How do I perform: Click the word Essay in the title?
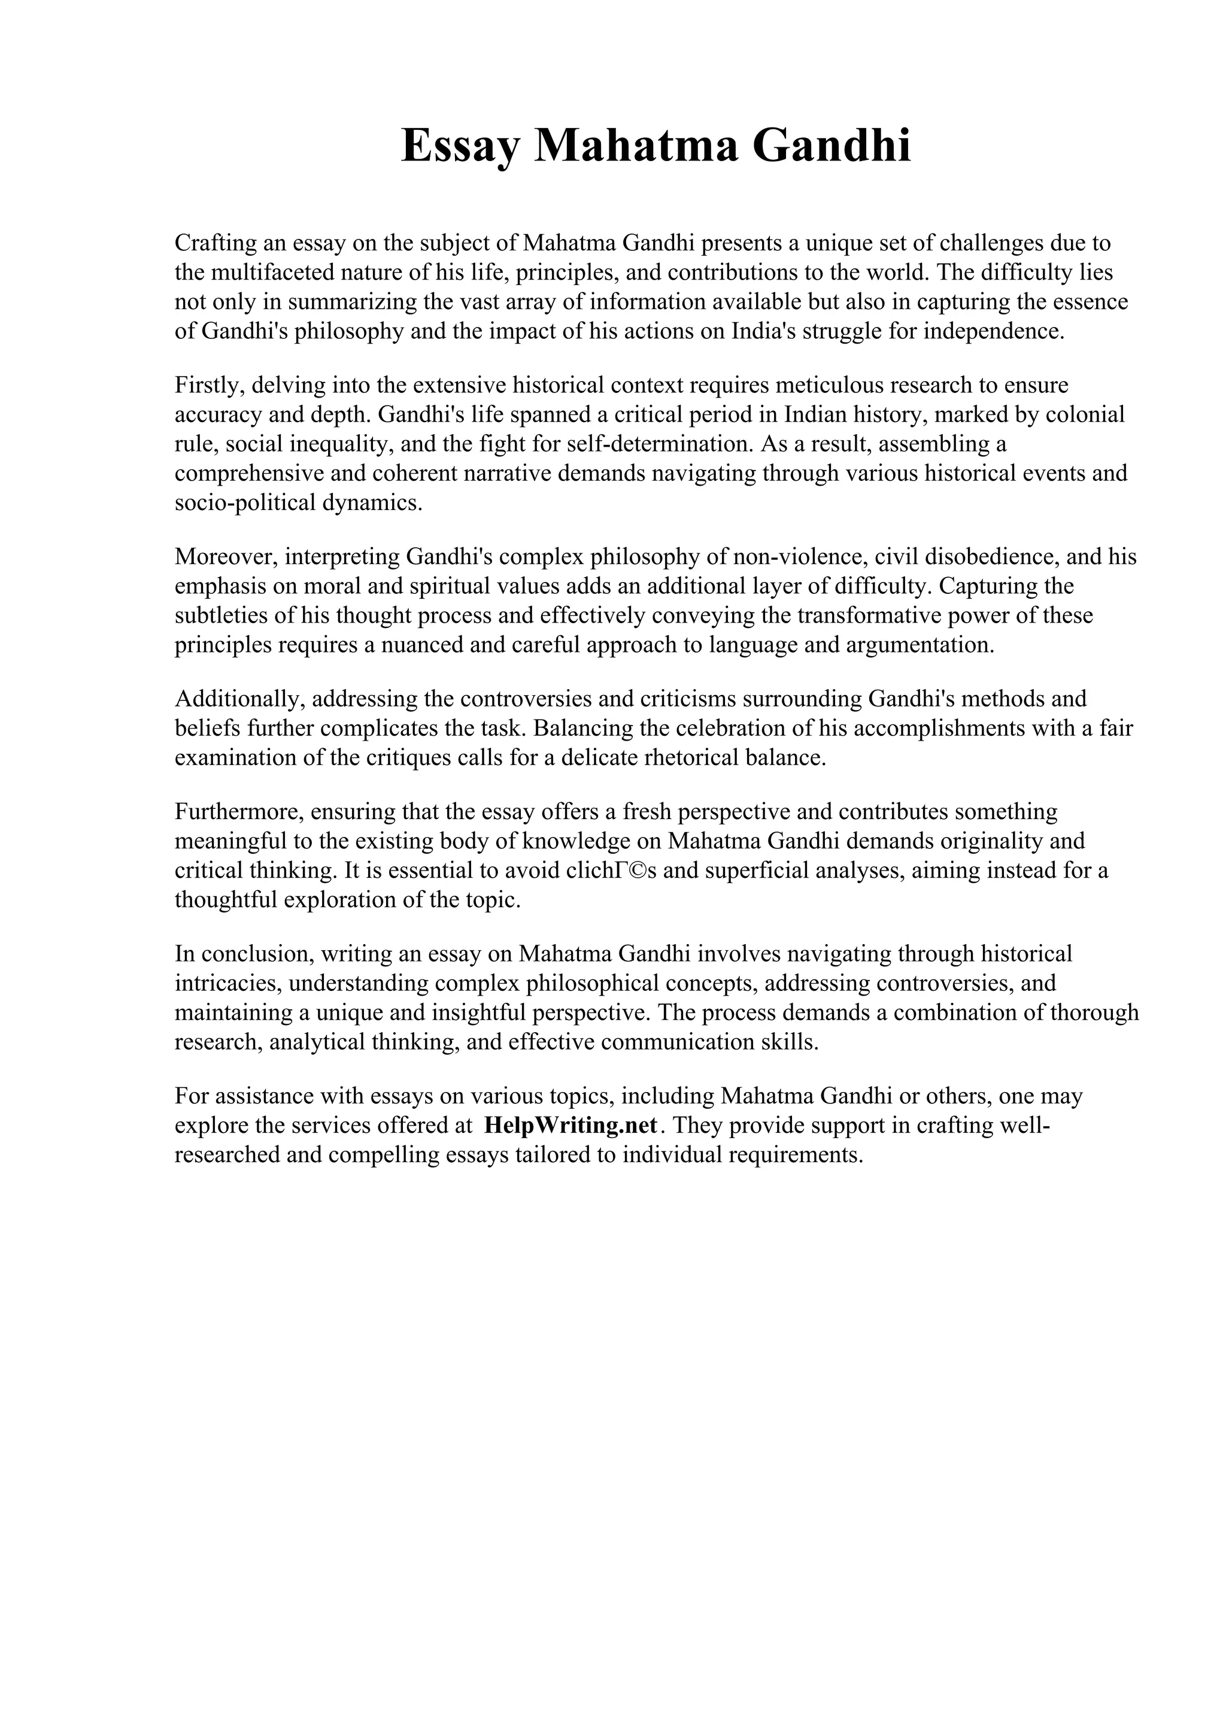click(x=459, y=146)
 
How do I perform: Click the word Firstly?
click(x=208, y=386)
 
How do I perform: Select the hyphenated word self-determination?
click(x=660, y=444)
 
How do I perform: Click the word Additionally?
click(x=239, y=699)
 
